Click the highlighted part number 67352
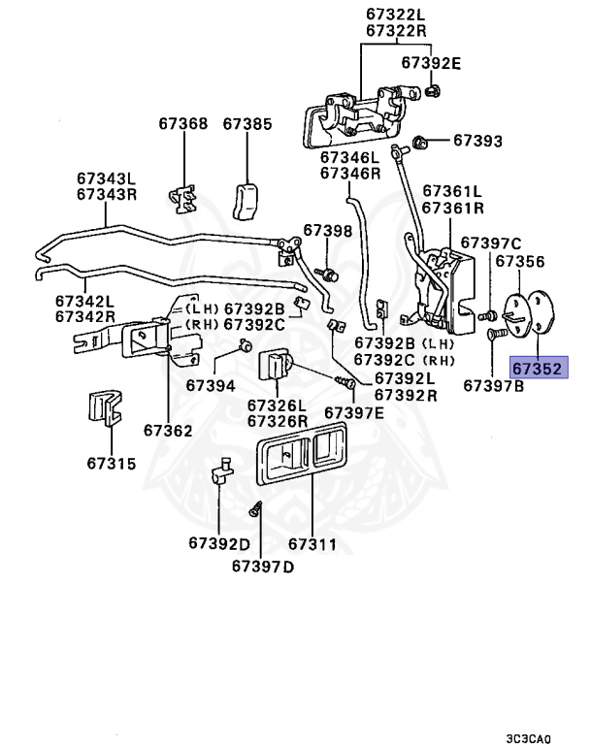(x=539, y=369)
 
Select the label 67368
(x=183, y=124)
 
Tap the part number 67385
(x=247, y=124)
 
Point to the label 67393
(x=477, y=141)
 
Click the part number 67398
(x=328, y=231)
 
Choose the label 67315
(x=112, y=464)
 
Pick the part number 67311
(x=312, y=544)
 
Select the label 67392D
(x=219, y=543)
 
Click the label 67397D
(x=263, y=567)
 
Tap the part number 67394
(x=211, y=385)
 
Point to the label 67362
(x=168, y=431)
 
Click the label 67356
(x=520, y=262)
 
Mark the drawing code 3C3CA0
(x=528, y=739)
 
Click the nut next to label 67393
(x=419, y=142)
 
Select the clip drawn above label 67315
(x=105, y=407)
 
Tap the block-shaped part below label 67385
(x=246, y=201)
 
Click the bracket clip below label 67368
(x=182, y=199)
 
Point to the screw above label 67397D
(x=255, y=509)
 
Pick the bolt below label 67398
(x=328, y=274)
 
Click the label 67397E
(x=354, y=413)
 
